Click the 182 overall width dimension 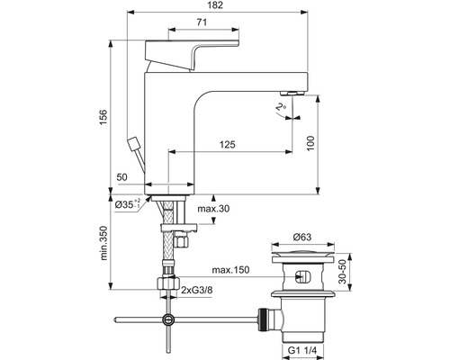click(217, 5)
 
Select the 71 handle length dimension click(202, 22)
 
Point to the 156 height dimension click(103, 117)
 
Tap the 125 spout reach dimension click(228, 145)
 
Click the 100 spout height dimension click(310, 143)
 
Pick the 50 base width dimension click(122, 177)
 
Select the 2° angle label click(281, 107)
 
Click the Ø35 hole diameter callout click(128, 204)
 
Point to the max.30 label click(213, 209)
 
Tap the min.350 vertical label click(103, 243)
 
